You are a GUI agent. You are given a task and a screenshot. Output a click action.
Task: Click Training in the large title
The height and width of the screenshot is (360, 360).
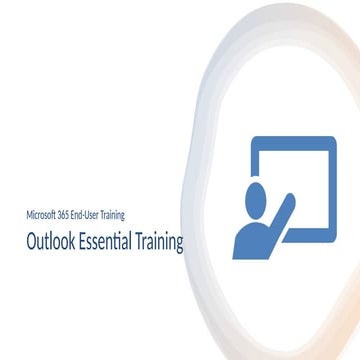click(161, 243)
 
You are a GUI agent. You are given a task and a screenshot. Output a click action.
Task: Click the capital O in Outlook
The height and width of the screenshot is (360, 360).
click(32, 243)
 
